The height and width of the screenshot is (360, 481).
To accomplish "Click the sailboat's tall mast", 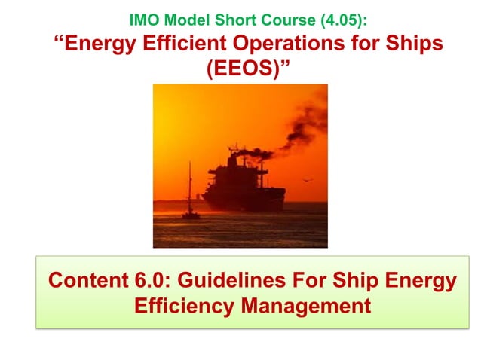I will (x=189, y=185).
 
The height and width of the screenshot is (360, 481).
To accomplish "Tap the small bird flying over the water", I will (x=308, y=180).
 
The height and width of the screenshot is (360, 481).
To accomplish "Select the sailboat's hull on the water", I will (x=190, y=215).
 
